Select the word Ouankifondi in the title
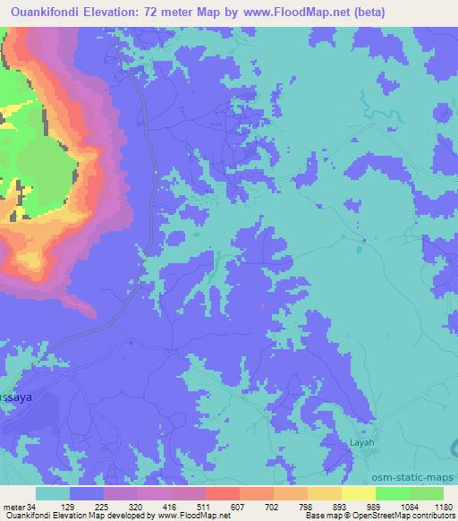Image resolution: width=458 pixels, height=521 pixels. click(38, 12)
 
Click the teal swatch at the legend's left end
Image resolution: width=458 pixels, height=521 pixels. click(53, 493)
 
